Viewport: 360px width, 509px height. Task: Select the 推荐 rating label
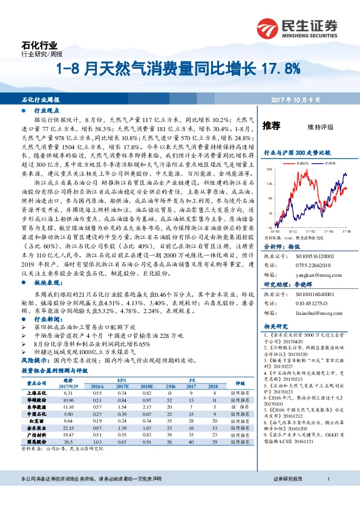(x=271, y=126)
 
